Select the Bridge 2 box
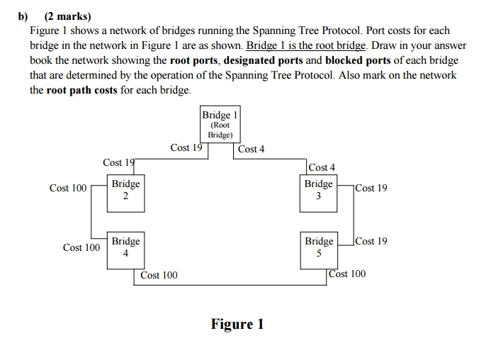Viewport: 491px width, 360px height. (x=125, y=193)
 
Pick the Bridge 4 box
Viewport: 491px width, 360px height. (x=125, y=250)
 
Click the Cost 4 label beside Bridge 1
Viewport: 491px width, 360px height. (x=252, y=149)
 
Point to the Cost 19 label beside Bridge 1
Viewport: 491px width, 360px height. (x=186, y=147)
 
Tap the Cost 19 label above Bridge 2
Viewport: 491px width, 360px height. (x=118, y=163)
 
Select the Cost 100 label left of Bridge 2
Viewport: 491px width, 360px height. (x=68, y=188)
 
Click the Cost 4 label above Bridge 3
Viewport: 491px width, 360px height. (x=322, y=167)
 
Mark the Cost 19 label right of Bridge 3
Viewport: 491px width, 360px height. (x=372, y=188)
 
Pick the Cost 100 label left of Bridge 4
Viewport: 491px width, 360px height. (x=81, y=247)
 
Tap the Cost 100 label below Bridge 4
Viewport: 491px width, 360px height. (x=159, y=275)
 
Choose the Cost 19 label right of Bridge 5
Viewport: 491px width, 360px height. (x=372, y=241)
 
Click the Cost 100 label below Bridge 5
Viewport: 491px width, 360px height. (x=348, y=274)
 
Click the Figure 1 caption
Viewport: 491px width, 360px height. (x=237, y=324)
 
